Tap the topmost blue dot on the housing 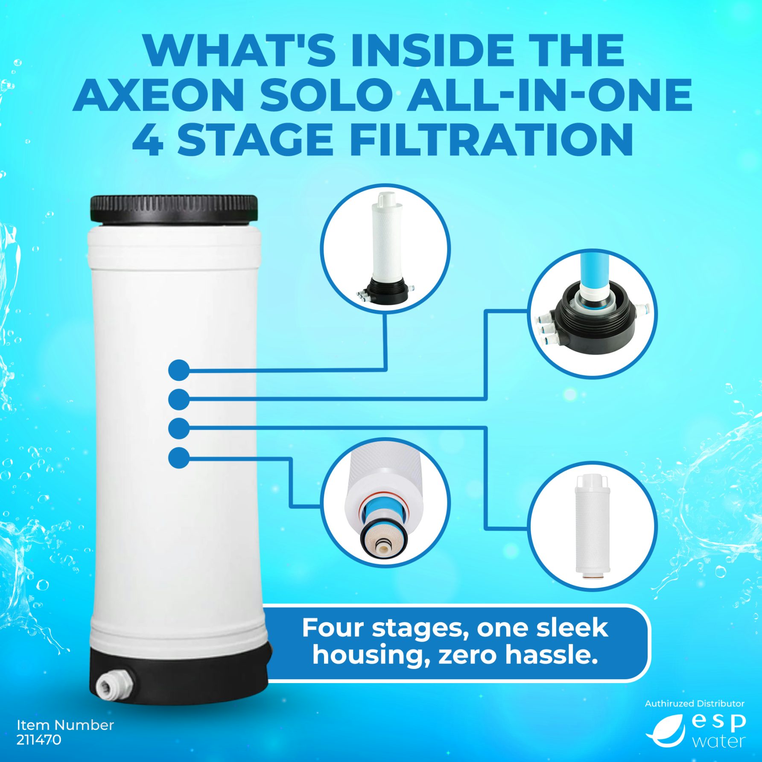coord(179,370)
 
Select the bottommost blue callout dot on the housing coord(179,458)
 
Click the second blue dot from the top coord(179,400)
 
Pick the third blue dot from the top coord(179,429)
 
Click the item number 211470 coord(39,740)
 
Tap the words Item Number coord(65,725)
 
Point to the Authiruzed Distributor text coord(695,704)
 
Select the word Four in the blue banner coord(333,628)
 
